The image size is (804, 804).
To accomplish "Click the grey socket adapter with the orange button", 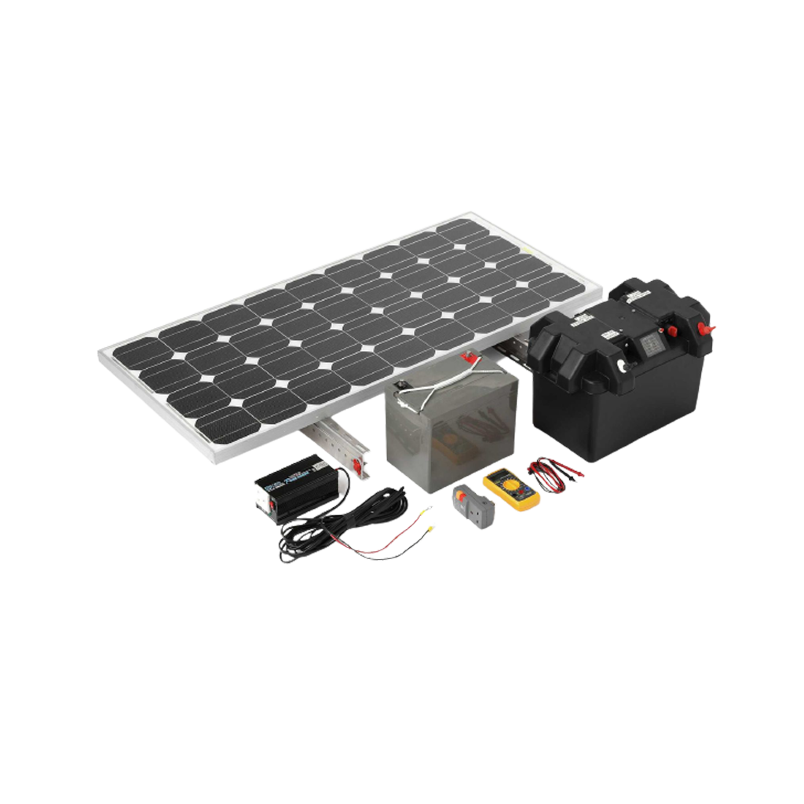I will pos(473,503).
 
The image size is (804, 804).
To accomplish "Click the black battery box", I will pos(612,377).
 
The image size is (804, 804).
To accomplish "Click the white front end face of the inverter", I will pos(265,502).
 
